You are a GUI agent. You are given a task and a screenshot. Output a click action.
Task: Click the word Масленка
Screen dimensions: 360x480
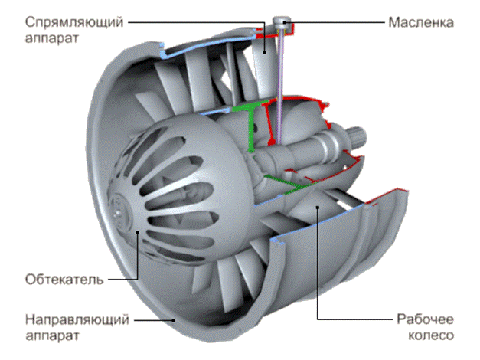click(420, 21)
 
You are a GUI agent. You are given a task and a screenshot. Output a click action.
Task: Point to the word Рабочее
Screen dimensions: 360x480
click(423, 319)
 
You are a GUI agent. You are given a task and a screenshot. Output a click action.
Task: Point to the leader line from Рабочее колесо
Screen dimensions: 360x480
click(315, 268)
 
